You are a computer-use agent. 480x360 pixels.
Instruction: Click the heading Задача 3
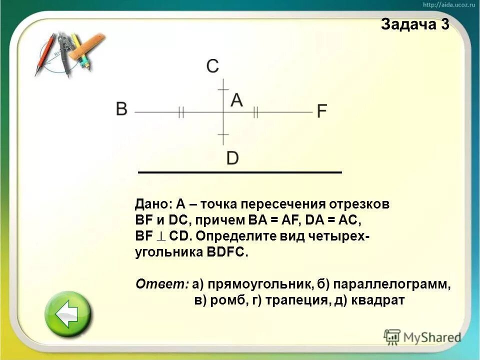click(414, 24)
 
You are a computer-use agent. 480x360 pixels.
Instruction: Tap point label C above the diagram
click(212, 66)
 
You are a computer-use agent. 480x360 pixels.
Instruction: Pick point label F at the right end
click(322, 110)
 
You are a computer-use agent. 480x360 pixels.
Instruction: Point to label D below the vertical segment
click(232, 158)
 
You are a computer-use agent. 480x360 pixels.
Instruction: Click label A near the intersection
click(236, 100)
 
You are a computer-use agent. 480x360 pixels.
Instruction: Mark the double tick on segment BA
click(181, 112)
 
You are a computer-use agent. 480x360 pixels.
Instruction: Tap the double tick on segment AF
click(255, 112)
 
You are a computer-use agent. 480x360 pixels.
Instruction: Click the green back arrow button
click(68, 314)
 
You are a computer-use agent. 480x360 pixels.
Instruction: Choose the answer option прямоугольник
click(256, 285)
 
